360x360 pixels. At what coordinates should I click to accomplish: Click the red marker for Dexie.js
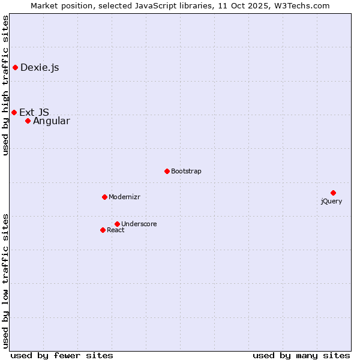click(15, 67)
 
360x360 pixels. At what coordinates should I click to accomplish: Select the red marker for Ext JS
click(14, 112)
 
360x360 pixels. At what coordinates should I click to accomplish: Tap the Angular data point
click(28, 121)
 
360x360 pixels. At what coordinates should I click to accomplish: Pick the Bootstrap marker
click(167, 171)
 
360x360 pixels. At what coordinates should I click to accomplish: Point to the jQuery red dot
click(333, 193)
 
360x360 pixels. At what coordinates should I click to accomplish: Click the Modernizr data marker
click(104, 197)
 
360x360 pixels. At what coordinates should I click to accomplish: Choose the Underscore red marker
click(117, 224)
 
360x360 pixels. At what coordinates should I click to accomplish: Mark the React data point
click(103, 230)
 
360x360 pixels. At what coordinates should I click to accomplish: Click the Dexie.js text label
click(40, 67)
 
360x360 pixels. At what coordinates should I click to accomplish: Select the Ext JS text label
click(34, 112)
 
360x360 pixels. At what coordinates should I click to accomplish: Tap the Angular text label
click(51, 121)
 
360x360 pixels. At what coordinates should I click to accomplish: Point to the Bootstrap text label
click(186, 172)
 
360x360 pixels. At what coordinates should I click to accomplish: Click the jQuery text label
click(331, 202)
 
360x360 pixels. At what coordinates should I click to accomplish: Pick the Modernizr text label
click(124, 197)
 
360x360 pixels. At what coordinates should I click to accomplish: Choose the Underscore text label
click(139, 224)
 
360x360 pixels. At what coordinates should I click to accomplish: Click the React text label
click(116, 230)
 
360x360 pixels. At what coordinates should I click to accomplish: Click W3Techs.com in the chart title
click(301, 6)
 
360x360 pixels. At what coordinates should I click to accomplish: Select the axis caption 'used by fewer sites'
click(62, 355)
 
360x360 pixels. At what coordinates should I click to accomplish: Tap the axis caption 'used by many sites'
click(301, 355)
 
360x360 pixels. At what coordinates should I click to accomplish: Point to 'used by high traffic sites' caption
click(6, 85)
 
